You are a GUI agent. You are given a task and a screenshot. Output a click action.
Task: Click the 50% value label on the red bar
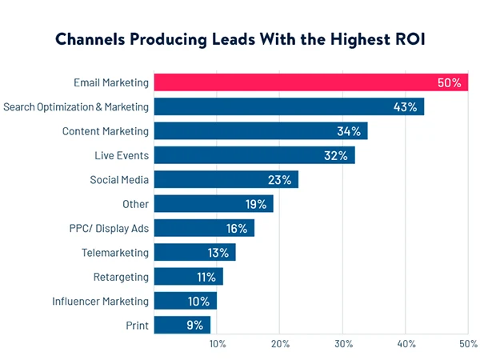point(450,82)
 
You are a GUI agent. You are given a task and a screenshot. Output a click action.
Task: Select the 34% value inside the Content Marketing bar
point(350,131)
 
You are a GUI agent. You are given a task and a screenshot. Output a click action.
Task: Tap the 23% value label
point(281,179)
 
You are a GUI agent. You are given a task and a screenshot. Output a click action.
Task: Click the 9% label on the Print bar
point(195,325)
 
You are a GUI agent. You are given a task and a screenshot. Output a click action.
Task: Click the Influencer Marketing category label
point(101,301)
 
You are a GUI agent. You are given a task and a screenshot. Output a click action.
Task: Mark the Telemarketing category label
point(115,253)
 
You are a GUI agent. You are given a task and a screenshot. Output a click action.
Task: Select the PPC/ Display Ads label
point(108,228)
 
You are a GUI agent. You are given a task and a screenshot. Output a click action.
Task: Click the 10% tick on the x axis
point(217,344)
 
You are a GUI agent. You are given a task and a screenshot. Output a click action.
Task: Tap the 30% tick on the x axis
point(342,344)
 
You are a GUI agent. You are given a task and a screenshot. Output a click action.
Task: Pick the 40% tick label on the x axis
point(406,344)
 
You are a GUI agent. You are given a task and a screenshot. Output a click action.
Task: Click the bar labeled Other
point(212,204)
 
